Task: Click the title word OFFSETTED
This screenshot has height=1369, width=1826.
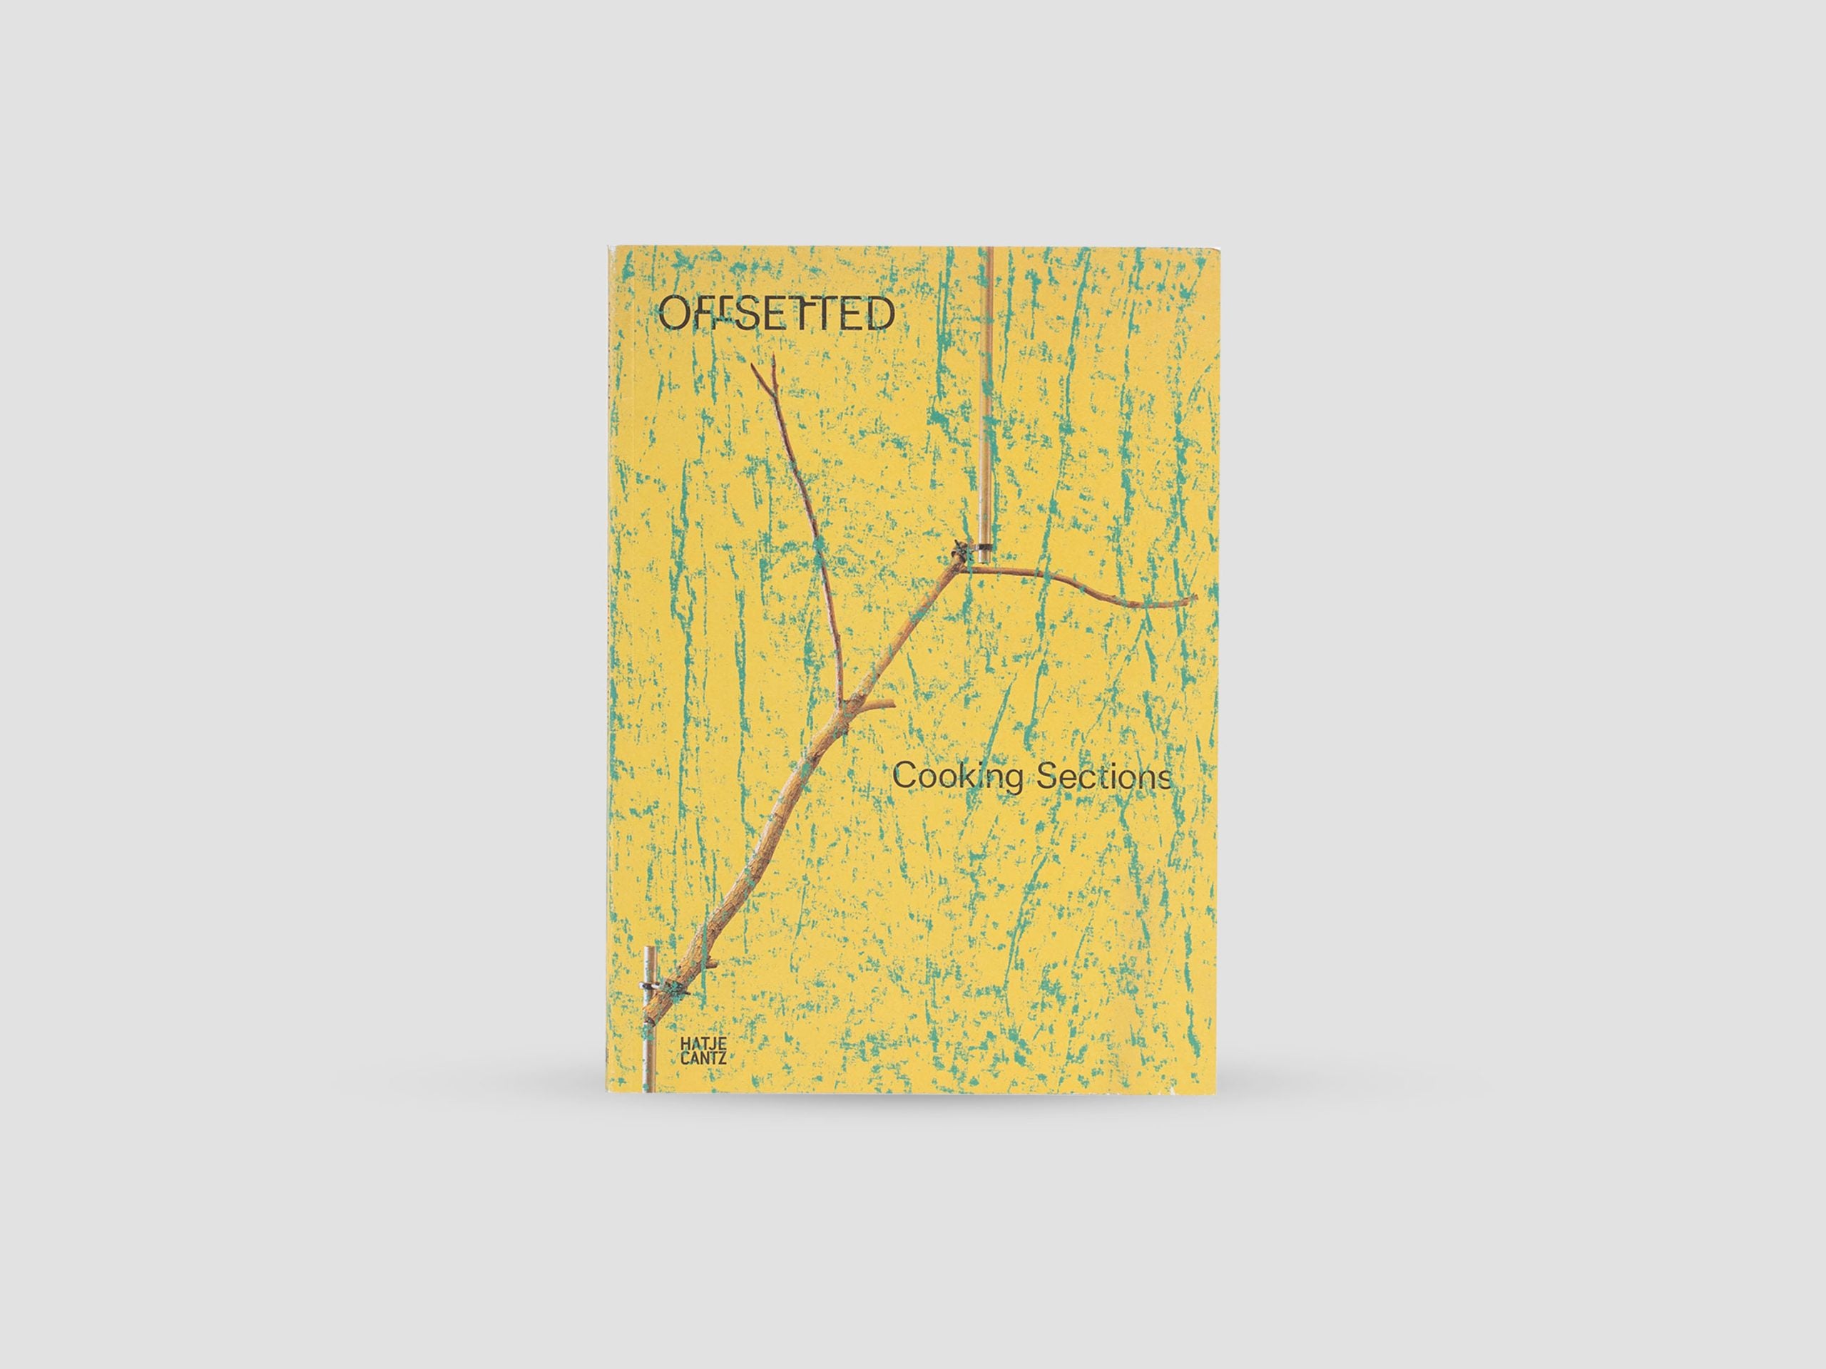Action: click(775, 314)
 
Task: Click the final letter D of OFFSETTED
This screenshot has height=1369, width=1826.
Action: click(880, 314)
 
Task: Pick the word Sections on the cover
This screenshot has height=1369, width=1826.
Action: click(1103, 777)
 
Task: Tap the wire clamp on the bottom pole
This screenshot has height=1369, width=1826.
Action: click(651, 986)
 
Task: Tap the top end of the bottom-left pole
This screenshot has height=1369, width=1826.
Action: click(649, 950)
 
